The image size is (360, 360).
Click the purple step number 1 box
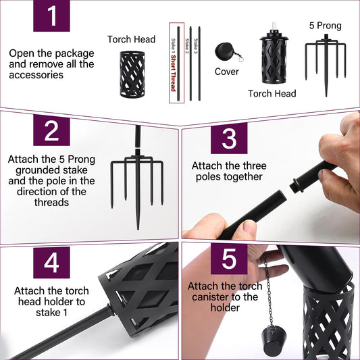[x=51, y=16]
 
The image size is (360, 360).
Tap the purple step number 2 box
[x=51, y=130]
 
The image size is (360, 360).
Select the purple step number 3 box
[x=229, y=138]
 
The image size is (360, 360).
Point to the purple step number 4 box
[x=51, y=263]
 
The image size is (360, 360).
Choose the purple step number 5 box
[x=229, y=259]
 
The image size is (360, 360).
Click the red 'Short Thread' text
[x=174, y=73]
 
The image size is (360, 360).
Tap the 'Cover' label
[x=227, y=72]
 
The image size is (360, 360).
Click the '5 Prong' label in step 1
[x=325, y=26]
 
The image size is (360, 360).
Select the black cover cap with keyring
[x=228, y=52]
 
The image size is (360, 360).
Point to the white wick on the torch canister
[x=274, y=28]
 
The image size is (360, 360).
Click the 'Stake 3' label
[x=196, y=46]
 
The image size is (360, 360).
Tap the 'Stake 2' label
[x=187, y=46]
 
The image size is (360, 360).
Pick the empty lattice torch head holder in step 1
[x=132, y=74]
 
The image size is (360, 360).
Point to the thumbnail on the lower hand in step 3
[x=250, y=226]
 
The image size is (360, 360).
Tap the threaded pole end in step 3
[x=296, y=185]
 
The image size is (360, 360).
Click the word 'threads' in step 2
[x=51, y=203]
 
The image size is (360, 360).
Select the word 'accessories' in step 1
[x=36, y=75]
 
